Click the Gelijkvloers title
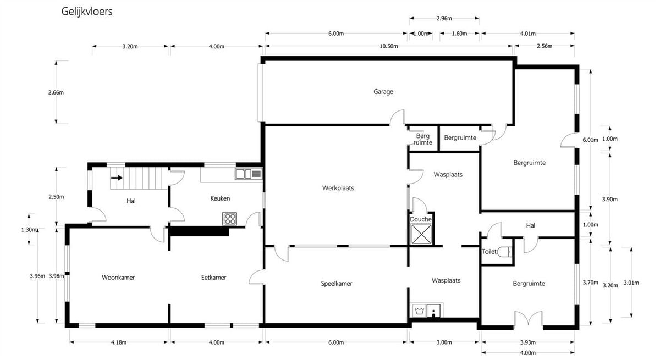tap(87, 12)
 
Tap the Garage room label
tap(383, 92)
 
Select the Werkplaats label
tap(338, 188)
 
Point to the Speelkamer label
tap(337, 284)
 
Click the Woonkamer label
tap(118, 278)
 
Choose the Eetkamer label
tap(213, 278)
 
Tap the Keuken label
tap(220, 198)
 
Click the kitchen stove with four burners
tap(229, 219)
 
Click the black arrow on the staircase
tap(117, 178)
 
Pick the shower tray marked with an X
tap(421, 234)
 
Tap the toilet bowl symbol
tap(505, 252)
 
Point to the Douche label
tap(420, 219)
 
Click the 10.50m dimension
tap(389, 46)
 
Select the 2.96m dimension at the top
tap(444, 18)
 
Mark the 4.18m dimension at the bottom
tap(119, 342)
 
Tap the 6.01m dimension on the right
tap(590, 140)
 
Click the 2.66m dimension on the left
tap(56, 92)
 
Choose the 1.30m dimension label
tap(30, 230)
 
